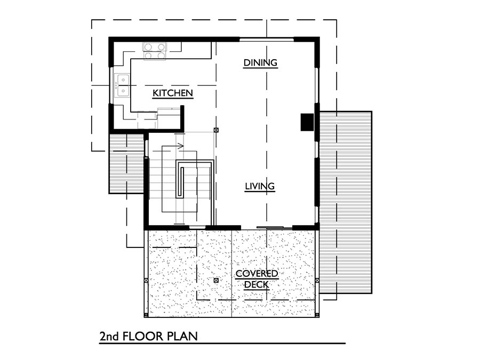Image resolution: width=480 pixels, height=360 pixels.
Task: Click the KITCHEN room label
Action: click(x=173, y=93)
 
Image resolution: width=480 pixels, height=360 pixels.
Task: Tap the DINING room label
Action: click(x=260, y=63)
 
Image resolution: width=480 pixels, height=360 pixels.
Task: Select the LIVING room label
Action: click(x=260, y=186)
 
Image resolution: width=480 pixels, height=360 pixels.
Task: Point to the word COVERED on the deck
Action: click(x=257, y=274)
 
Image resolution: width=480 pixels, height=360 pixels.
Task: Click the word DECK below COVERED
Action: click(x=257, y=284)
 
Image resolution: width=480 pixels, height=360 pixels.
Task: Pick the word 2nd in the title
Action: click(x=109, y=337)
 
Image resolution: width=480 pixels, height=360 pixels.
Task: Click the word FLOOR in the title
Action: click(x=142, y=337)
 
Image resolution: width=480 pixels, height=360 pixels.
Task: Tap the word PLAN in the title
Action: click(x=182, y=337)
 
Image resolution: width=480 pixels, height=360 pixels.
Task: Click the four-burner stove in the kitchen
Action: click(x=155, y=51)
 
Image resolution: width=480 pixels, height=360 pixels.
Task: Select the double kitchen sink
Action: click(x=122, y=85)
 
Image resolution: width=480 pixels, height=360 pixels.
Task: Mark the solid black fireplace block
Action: click(x=307, y=122)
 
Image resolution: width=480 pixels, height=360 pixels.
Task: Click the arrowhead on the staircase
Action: click(x=181, y=146)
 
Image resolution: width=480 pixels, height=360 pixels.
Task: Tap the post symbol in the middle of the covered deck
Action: click(x=216, y=280)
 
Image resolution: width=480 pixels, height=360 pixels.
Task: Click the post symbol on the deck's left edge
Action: click(x=146, y=280)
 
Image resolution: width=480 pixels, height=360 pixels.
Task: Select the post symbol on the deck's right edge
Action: click(x=317, y=280)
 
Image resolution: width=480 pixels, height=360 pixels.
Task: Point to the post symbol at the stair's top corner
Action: click(x=216, y=130)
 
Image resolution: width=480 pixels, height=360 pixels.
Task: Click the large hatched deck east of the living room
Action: click(x=346, y=202)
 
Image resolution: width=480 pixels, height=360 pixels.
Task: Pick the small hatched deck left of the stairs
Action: click(x=126, y=162)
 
